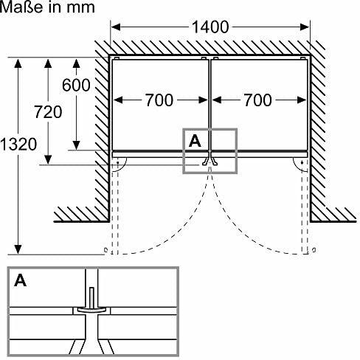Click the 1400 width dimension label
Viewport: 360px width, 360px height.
click(x=210, y=27)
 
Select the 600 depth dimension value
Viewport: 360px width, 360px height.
click(x=76, y=85)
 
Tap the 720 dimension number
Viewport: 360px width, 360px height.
click(x=48, y=112)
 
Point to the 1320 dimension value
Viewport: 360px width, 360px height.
click(x=18, y=144)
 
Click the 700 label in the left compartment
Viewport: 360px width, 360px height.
click(x=159, y=100)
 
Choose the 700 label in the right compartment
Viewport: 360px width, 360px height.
click(x=258, y=100)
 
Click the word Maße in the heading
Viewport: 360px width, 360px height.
click(x=21, y=7)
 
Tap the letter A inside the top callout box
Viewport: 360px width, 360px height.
click(x=195, y=141)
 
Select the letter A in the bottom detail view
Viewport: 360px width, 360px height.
click(x=20, y=280)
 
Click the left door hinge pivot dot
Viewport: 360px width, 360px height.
click(x=117, y=163)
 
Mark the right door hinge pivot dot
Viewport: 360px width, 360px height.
click(x=302, y=162)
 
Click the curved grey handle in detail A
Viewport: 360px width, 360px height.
click(x=91, y=311)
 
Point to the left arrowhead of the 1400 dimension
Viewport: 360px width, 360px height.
click(x=116, y=27)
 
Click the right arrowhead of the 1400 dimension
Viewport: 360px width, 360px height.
click(x=305, y=27)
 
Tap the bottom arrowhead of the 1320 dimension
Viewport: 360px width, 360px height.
click(x=18, y=249)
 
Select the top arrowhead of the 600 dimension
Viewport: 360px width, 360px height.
click(x=77, y=63)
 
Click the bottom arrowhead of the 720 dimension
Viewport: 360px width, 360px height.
click(x=48, y=159)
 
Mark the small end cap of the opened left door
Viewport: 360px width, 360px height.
click(x=105, y=250)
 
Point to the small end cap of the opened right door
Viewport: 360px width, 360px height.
click(x=314, y=250)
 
